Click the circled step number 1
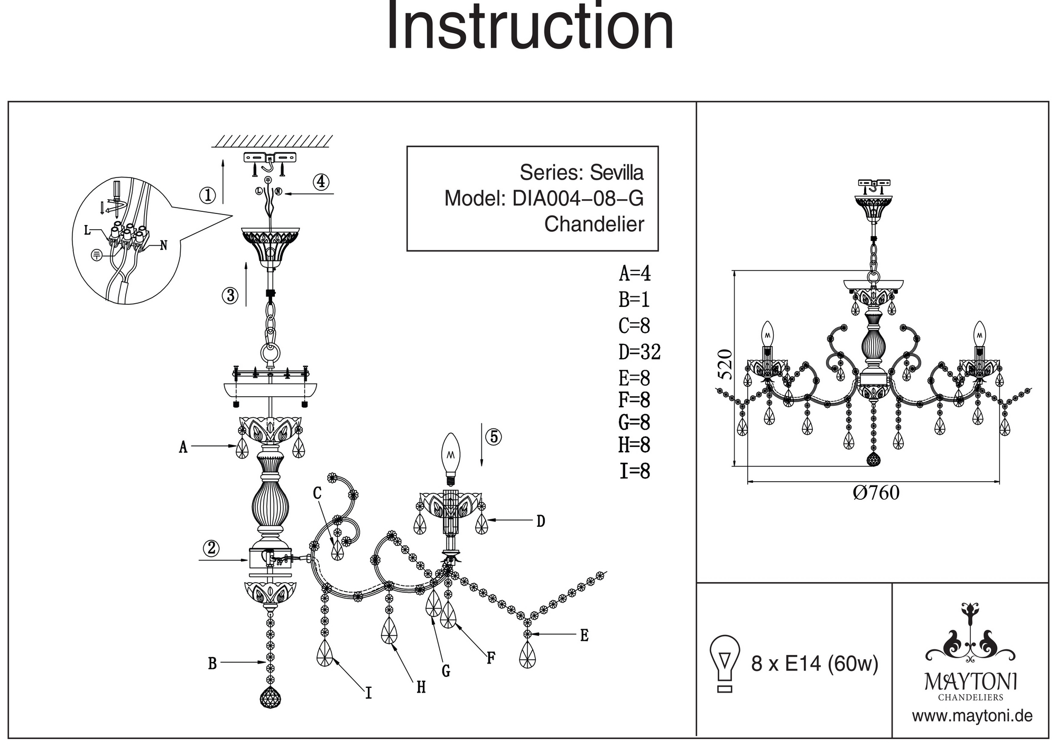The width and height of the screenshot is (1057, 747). (207, 195)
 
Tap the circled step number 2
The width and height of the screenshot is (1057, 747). (211, 548)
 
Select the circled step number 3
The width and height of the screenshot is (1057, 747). (230, 295)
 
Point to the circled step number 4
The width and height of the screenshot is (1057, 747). (321, 182)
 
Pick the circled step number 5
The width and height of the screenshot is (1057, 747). (494, 437)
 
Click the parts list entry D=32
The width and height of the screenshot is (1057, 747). (639, 352)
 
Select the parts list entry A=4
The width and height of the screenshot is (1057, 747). (635, 274)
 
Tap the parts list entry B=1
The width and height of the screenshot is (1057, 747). (634, 300)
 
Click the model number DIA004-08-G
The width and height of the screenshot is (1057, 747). (578, 199)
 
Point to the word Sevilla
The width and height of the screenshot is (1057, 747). (617, 173)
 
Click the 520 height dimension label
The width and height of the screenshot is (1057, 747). (726, 365)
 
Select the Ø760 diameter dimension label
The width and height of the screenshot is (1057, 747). (876, 493)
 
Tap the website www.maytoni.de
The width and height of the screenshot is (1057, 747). (972, 716)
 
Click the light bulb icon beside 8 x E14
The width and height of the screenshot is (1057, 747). (725, 663)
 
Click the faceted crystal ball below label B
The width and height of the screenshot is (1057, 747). (271, 699)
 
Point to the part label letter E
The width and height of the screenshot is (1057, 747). (584, 636)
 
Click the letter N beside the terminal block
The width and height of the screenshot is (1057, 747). (164, 246)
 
